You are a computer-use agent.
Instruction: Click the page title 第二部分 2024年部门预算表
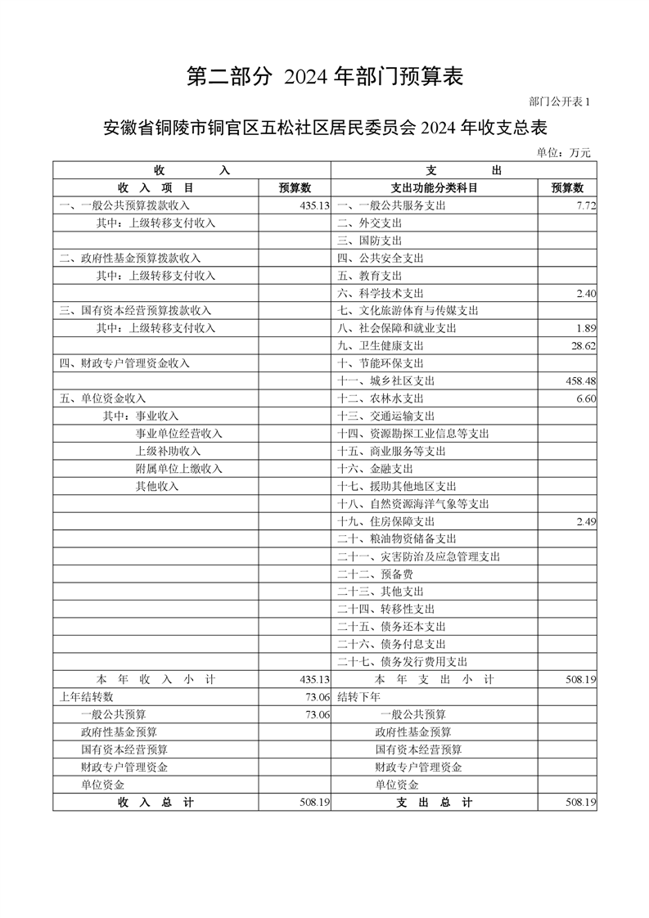(x=325, y=77)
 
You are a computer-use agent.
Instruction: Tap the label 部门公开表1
(x=559, y=102)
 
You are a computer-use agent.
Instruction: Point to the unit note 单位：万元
(x=563, y=152)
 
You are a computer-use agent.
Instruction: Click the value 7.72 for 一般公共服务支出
(x=585, y=206)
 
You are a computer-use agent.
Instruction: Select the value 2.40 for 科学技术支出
(x=585, y=294)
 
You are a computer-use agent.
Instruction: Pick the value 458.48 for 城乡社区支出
(x=580, y=381)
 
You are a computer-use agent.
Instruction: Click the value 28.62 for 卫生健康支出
(x=583, y=346)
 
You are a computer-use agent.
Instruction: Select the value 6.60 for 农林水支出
(x=585, y=398)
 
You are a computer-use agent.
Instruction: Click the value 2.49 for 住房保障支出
(x=585, y=522)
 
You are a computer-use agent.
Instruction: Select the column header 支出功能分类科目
(x=435, y=188)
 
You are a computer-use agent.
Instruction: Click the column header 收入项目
(x=155, y=188)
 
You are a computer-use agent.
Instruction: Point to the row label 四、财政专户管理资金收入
(x=124, y=363)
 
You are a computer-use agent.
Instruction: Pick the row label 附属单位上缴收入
(x=179, y=469)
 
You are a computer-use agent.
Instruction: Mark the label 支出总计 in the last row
(x=435, y=803)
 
